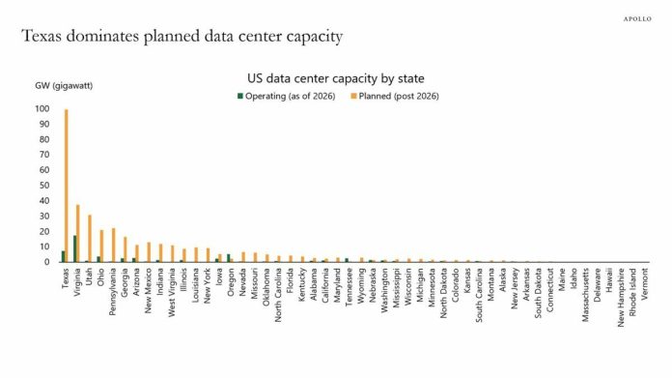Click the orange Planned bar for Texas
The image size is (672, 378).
pos(66,186)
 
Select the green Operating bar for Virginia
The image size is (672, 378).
pos(75,248)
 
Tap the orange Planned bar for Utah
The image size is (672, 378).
pos(90,238)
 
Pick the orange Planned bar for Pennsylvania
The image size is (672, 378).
pos(114,245)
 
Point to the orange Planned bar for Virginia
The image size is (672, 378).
pos(78,233)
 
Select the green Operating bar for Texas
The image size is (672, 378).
pos(63,256)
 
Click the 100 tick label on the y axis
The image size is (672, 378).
pos(42,109)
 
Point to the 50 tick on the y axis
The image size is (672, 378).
pos(44,186)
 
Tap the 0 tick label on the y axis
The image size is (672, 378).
pos(47,262)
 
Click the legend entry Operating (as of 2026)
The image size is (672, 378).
pos(287,96)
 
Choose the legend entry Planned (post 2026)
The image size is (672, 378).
pos(395,96)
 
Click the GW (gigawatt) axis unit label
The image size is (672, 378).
pos(64,86)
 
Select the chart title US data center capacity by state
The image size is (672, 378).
pos(336,78)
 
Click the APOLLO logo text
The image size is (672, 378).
pos(637,19)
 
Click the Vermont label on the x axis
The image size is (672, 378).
pos(645,283)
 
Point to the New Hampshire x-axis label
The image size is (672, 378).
pos(621,298)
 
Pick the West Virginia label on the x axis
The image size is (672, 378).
pos(172,293)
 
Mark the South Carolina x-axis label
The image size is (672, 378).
pos(479,295)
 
